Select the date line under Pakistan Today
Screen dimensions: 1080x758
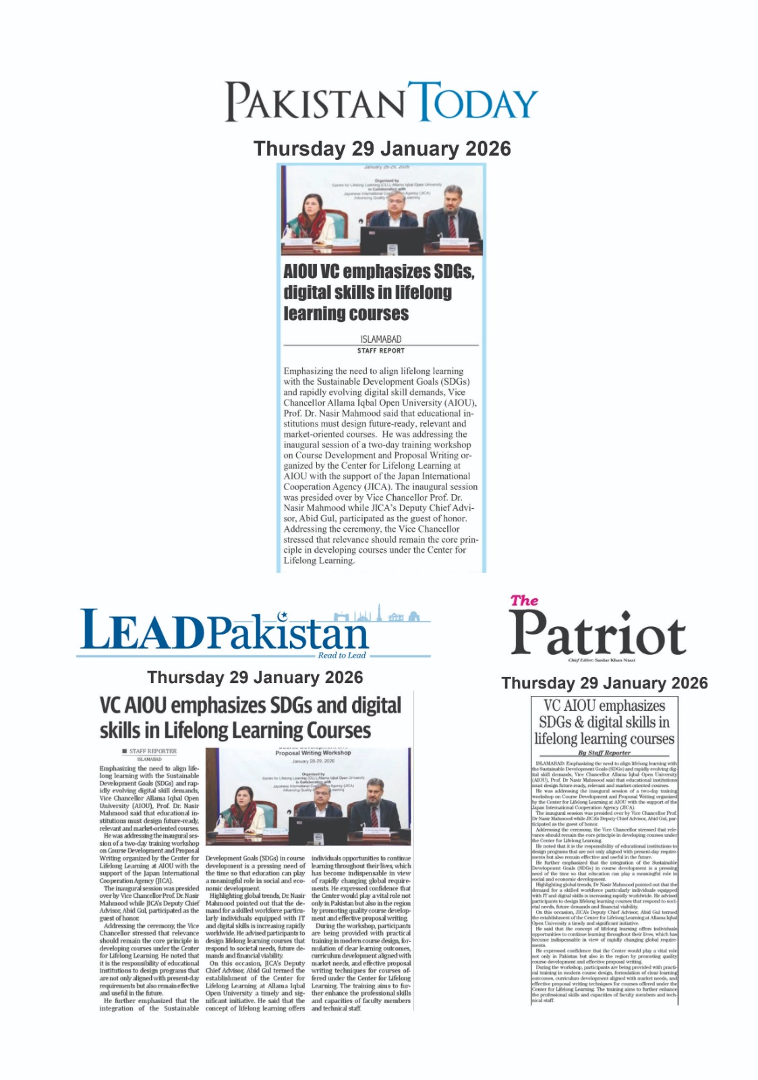point(382,149)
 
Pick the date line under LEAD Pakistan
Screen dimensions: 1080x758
point(255,677)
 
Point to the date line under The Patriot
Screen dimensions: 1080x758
point(604,683)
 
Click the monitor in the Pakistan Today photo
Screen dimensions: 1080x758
point(392,240)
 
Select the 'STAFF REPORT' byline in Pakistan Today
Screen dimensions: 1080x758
point(381,351)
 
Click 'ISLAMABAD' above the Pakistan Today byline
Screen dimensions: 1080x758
point(381,340)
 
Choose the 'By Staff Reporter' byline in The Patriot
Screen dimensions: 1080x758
point(604,753)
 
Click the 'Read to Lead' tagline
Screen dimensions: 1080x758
point(341,655)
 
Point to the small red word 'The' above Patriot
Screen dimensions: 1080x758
point(524,600)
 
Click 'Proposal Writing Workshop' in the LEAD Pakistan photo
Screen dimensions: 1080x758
point(313,753)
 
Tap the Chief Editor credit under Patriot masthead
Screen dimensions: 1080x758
point(602,660)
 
